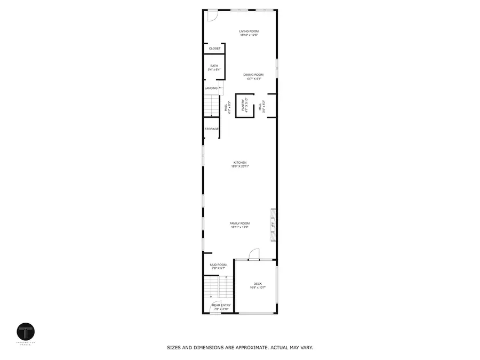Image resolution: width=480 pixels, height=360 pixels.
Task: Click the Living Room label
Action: tap(249, 32)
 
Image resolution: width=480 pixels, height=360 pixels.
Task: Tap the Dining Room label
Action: tap(253, 75)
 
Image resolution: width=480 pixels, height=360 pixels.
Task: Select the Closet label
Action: tap(214, 49)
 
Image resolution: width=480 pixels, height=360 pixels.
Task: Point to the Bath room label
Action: tap(214, 66)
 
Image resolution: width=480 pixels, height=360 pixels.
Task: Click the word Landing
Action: tap(211, 88)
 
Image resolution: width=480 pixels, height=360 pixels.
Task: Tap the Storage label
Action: tap(212, 129)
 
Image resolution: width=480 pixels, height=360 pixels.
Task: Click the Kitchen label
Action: tap(240, 163)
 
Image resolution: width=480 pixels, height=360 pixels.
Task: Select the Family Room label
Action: tap(240, 223)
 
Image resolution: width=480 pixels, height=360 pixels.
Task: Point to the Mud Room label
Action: tap(218, 265)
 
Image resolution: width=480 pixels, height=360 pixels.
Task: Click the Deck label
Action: tap(258, 284)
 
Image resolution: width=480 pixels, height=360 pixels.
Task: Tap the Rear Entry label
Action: tap(221, 306)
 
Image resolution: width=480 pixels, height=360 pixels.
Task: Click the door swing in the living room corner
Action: tap(212, 15)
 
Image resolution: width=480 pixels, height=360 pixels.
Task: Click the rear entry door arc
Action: tap(215, 308)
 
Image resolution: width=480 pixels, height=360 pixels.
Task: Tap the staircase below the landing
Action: tap(213, 105)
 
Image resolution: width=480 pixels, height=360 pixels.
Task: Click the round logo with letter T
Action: tap(25, 332)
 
